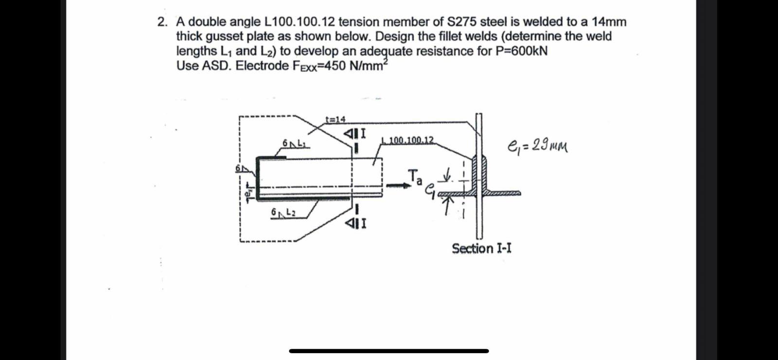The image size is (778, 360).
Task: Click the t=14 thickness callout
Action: tap(336, 119)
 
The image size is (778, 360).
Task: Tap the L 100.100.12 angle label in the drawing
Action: tap(407, 140)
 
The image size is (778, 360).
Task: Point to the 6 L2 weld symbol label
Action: tap(283, 213)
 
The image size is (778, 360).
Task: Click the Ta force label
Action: tap(414, 177)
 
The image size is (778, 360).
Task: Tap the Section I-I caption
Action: tap(481, 249)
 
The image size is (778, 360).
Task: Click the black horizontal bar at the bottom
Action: tap(389, 351)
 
